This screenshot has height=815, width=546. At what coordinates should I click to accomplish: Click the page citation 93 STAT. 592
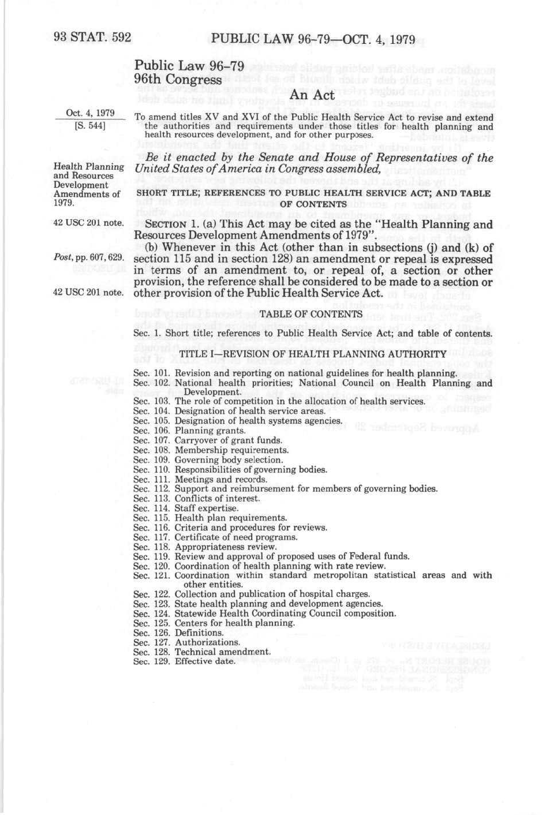(92, 38)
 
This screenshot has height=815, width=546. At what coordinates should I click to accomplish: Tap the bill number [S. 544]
(90, 124)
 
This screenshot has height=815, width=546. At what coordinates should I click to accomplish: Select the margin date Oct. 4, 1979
(91, 113)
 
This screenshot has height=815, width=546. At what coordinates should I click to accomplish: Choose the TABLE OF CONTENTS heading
(311, 315)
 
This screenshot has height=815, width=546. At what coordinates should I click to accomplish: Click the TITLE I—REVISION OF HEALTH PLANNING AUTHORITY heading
(312, 354)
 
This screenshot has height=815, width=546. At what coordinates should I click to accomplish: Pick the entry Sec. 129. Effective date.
(184, 661)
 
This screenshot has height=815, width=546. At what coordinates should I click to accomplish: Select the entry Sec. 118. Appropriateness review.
(205, 547)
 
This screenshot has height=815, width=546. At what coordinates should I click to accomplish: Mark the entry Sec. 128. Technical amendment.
(202, 652)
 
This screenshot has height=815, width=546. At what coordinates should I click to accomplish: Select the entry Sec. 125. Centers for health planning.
(214, 623)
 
